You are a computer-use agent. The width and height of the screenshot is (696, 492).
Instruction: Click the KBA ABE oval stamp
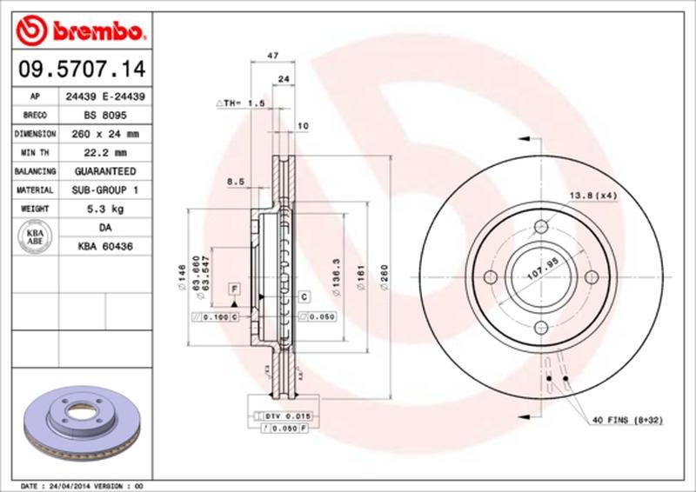pyautogui.click(x=35, y=237)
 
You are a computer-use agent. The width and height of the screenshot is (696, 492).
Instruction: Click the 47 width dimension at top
pyautogui.click(x=272, y=54)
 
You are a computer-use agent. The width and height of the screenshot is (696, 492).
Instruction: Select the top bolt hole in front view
pyautogui.click(x=540, y=226)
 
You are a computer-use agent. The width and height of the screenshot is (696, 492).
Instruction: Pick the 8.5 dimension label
pyautogui.click(x=235, y=182)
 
